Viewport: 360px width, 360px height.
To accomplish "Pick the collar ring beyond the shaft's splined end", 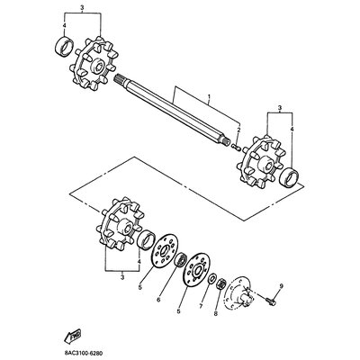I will tap(64, 46).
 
